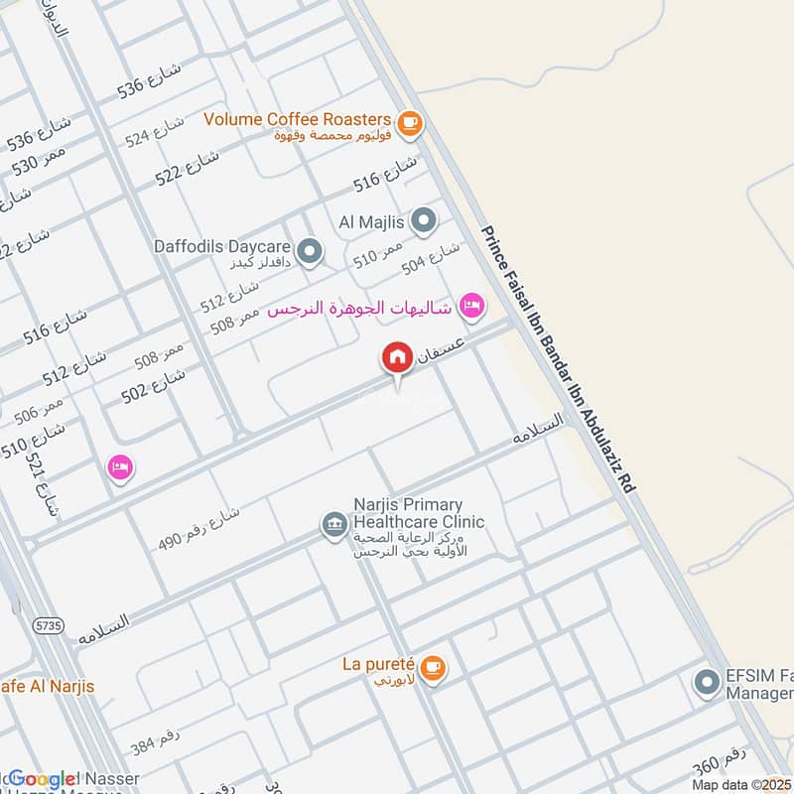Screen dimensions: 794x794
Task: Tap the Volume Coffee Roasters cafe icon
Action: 409,124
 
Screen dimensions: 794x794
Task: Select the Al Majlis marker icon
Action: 424,220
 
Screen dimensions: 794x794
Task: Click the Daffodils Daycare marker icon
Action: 310,252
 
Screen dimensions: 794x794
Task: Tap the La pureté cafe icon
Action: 432,668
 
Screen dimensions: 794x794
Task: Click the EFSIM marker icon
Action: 707,683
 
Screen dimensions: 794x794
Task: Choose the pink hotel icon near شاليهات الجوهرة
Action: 472,305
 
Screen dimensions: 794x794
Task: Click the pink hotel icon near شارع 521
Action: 120,466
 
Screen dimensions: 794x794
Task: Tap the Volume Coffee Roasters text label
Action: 299,119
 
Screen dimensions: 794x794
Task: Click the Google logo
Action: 43,779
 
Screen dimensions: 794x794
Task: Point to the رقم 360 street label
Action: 720,767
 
